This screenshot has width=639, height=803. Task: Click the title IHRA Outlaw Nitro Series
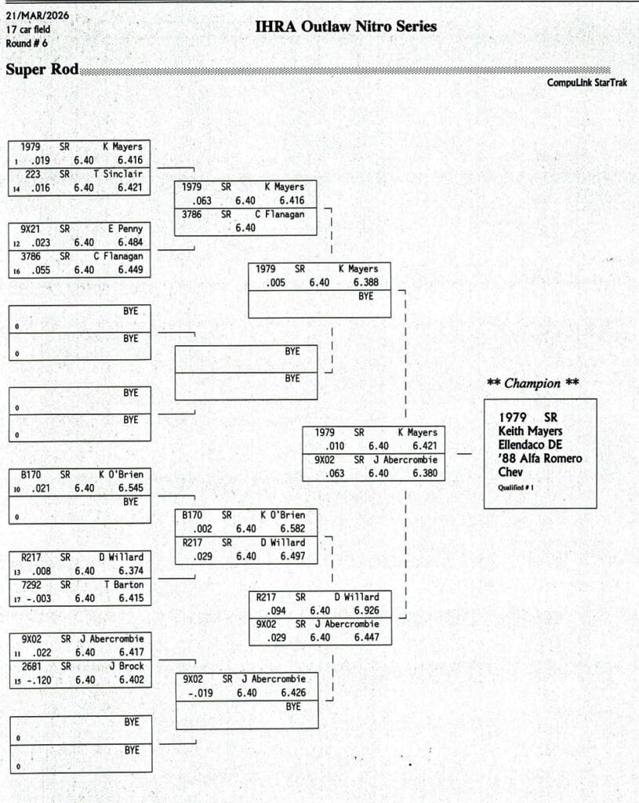[x=346, y=27]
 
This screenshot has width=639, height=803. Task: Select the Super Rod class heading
[x=42, y=70]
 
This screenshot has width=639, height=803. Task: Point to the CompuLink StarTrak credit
[x=591, y=82]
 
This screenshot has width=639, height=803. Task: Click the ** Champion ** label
[x=534, y=383]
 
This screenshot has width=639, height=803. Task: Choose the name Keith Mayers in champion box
[x=530, y=431]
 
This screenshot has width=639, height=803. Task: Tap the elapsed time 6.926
[x=366, y=610]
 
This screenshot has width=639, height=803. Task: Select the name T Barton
[x=124, y=584]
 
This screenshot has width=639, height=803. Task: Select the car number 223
[x=33, y=174]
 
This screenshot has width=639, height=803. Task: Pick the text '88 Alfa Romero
[x=540, y=459]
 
